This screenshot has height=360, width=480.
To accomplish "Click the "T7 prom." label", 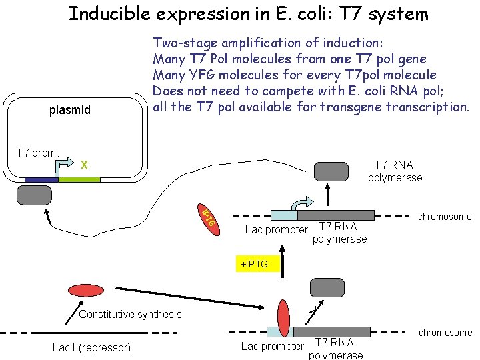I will pyautogui.click(x=37, y=153).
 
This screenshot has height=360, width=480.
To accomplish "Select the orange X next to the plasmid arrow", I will pyautogui.click(x=84, y=164).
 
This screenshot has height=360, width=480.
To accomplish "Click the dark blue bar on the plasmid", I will pyautogui.click(x=41, y=180).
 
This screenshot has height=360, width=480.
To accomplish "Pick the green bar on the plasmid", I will pyautogui.click(x=79, y=180).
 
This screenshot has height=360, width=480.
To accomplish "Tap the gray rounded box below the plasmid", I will pyautogui.click(x=34, y=195).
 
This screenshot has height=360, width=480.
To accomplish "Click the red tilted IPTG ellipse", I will pyautogui.click(x=207, y=217).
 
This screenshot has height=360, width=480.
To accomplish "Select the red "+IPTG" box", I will pyautogui.click(x=255, y=265).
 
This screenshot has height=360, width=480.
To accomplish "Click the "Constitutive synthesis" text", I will pyautogui.click(x=130, y=314).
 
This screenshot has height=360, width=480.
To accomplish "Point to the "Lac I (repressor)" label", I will pyautogui.click(x=91, y=347).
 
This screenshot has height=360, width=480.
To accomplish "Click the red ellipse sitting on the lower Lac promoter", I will pyautogui.click(x=284, y=319).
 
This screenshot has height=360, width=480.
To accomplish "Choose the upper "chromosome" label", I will pyautogui.click(x=444, y=217).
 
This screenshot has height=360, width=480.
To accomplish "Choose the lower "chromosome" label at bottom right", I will pyautogui.click(x=444, y=333).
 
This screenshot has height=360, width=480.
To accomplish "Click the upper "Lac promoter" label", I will pyautogui.click(x=276, y=231).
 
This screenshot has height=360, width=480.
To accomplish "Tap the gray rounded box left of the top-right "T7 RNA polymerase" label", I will pyautogui.click(x=332, y=171).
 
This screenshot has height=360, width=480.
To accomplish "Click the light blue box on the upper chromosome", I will pyautogui.click(x=283, y=215).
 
